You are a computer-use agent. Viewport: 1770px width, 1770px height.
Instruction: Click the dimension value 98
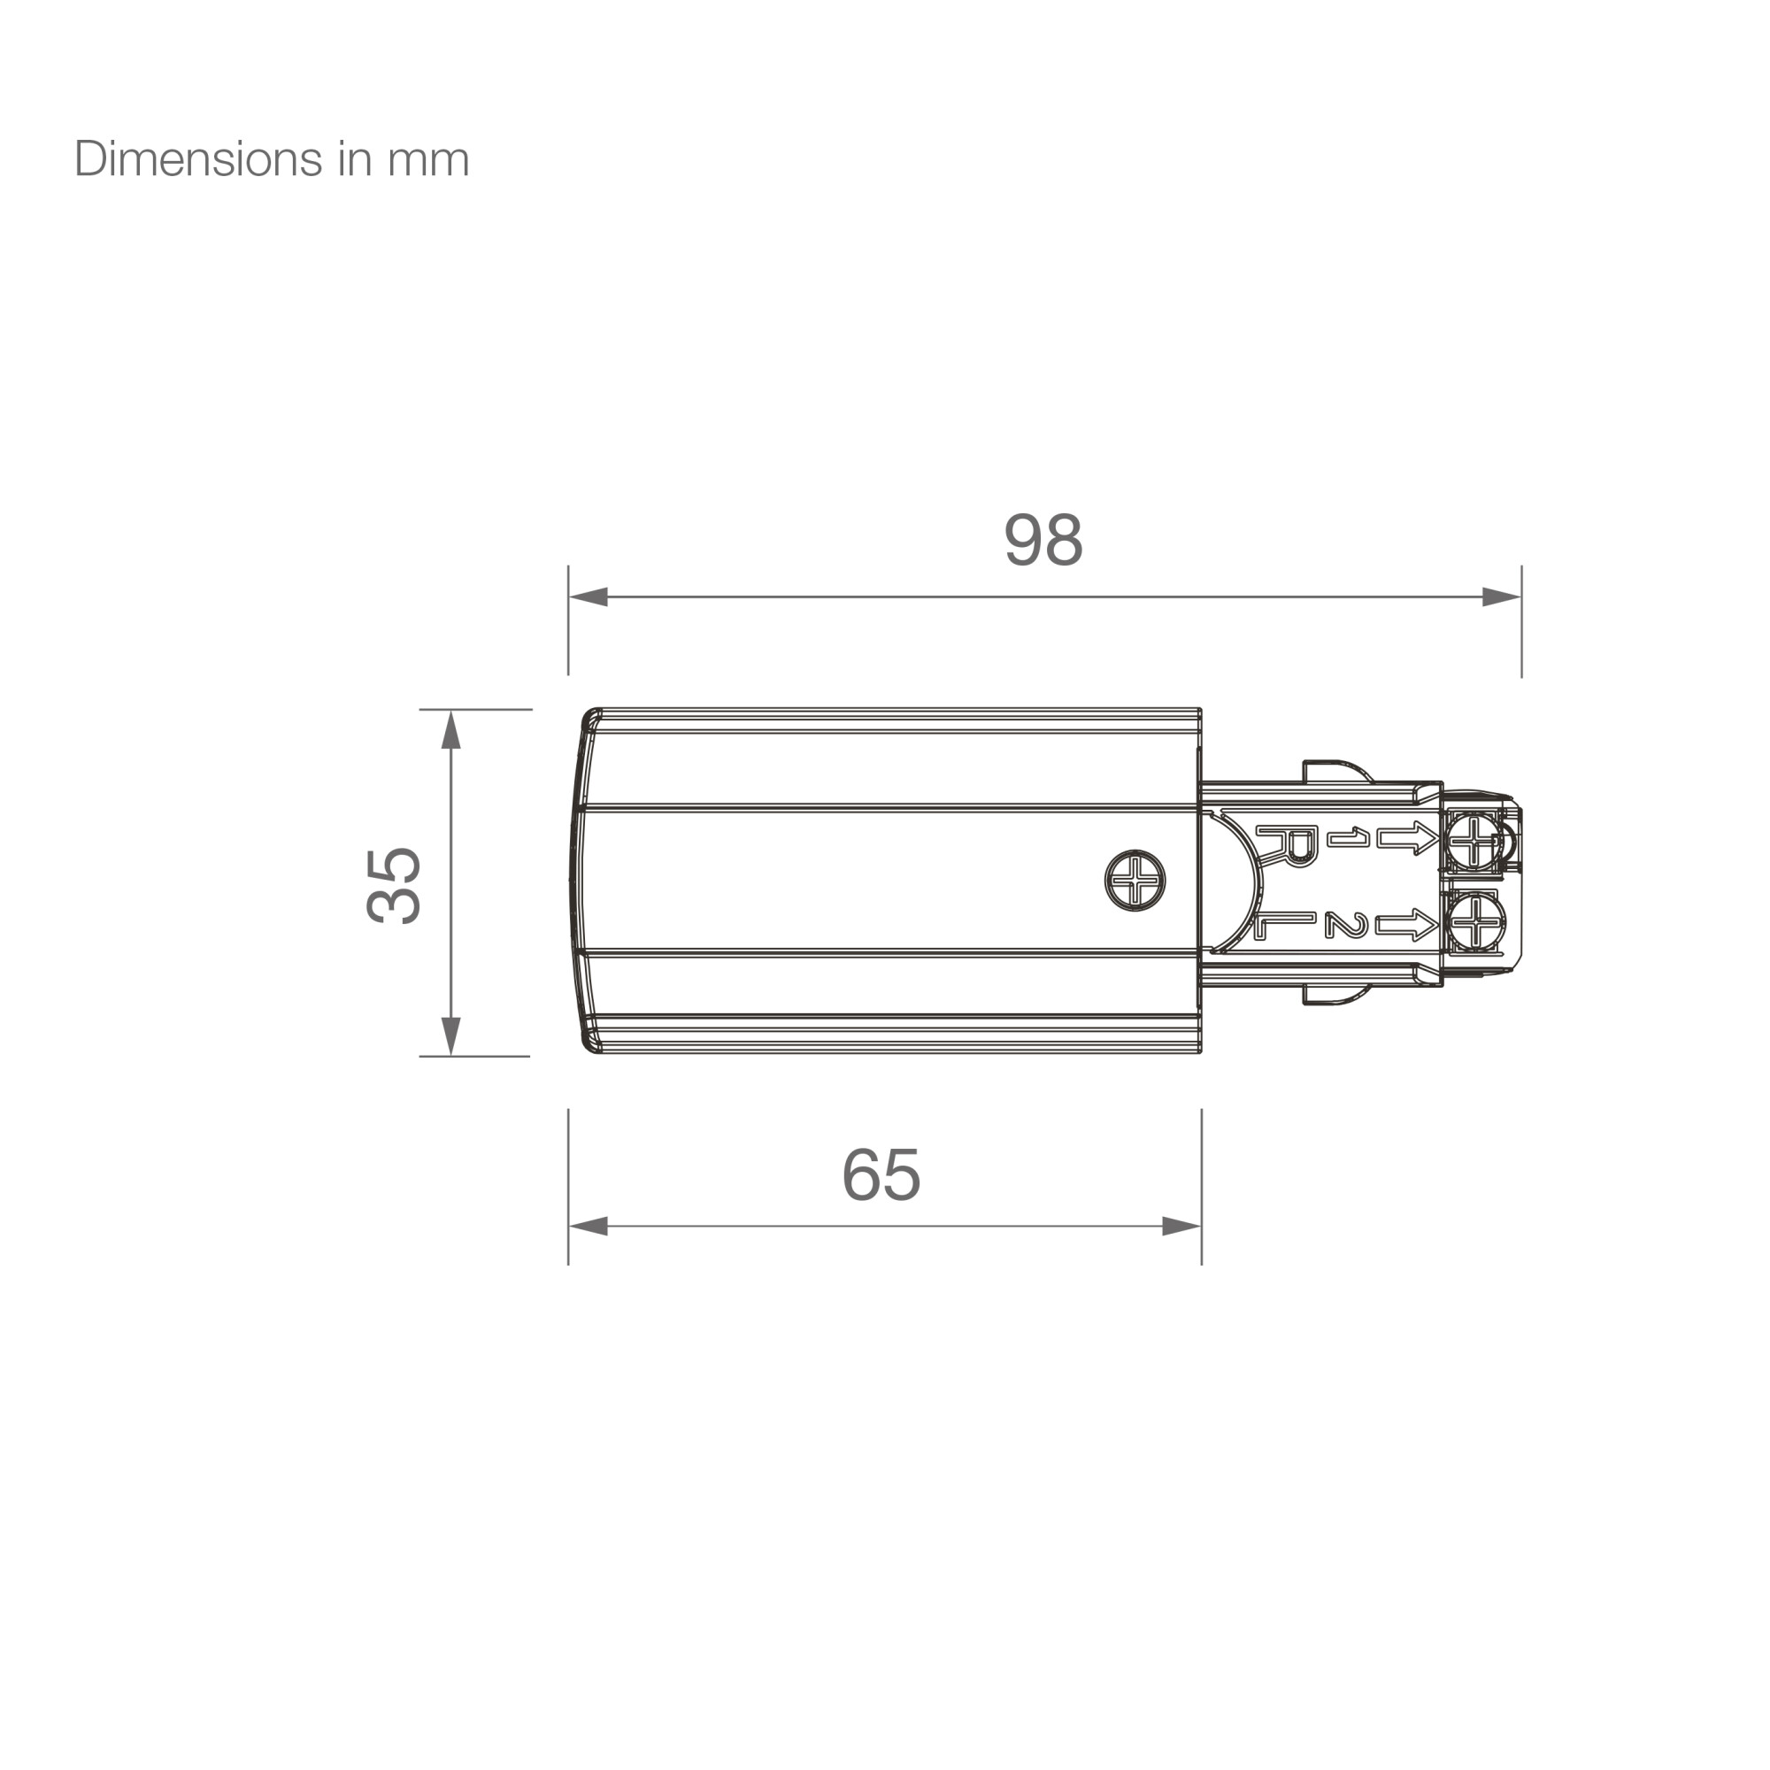1043,540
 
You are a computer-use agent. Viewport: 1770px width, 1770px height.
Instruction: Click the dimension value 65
881,1174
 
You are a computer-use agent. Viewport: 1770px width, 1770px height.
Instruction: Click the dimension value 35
394,884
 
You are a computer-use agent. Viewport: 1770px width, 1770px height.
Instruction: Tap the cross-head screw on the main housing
1135,881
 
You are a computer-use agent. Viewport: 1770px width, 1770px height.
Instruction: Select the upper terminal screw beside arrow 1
1474,840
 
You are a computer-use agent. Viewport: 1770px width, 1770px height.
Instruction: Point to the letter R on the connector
1287,844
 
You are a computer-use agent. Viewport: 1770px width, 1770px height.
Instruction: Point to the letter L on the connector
1283,926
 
